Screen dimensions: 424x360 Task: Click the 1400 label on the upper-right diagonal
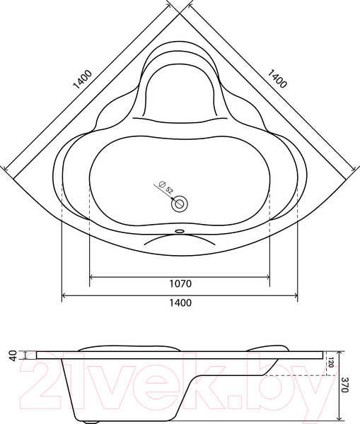[x=277, y=79]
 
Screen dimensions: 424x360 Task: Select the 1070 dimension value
[x=180, y=284]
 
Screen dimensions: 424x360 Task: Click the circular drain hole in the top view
[x=180, y=204]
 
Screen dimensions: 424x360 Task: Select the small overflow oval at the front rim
[x=180, y=230]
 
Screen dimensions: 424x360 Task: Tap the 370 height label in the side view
[x=346, y=385]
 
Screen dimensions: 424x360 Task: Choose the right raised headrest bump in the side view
[x=265, y=347]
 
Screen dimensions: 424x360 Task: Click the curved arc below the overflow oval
[x=180, y=237]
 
